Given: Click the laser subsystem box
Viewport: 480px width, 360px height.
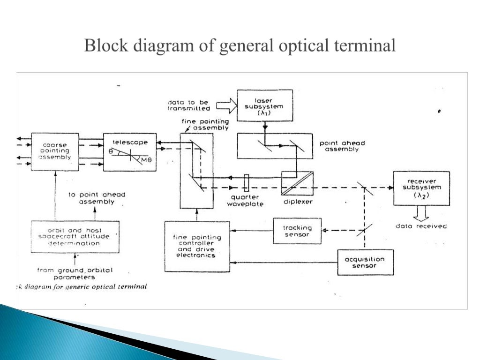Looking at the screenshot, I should click(265, 105).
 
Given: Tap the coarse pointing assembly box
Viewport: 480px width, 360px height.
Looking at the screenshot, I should click(55, 151).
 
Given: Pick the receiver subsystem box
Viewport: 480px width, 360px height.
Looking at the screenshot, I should click(421, 188).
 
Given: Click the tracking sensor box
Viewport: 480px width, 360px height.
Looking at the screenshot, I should click(297, 231).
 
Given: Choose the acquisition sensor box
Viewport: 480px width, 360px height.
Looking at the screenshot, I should click(365, 262).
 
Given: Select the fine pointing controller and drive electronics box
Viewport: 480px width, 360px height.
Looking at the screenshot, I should click(197, 247).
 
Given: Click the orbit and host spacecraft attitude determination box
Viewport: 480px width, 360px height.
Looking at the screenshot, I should click(75, 237).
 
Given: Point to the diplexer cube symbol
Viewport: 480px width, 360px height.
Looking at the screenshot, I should click(297, 183).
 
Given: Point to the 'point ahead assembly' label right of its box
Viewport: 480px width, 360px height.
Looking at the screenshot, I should click(342, 146).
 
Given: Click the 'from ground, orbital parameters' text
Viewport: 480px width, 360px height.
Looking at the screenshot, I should click(75, 273).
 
